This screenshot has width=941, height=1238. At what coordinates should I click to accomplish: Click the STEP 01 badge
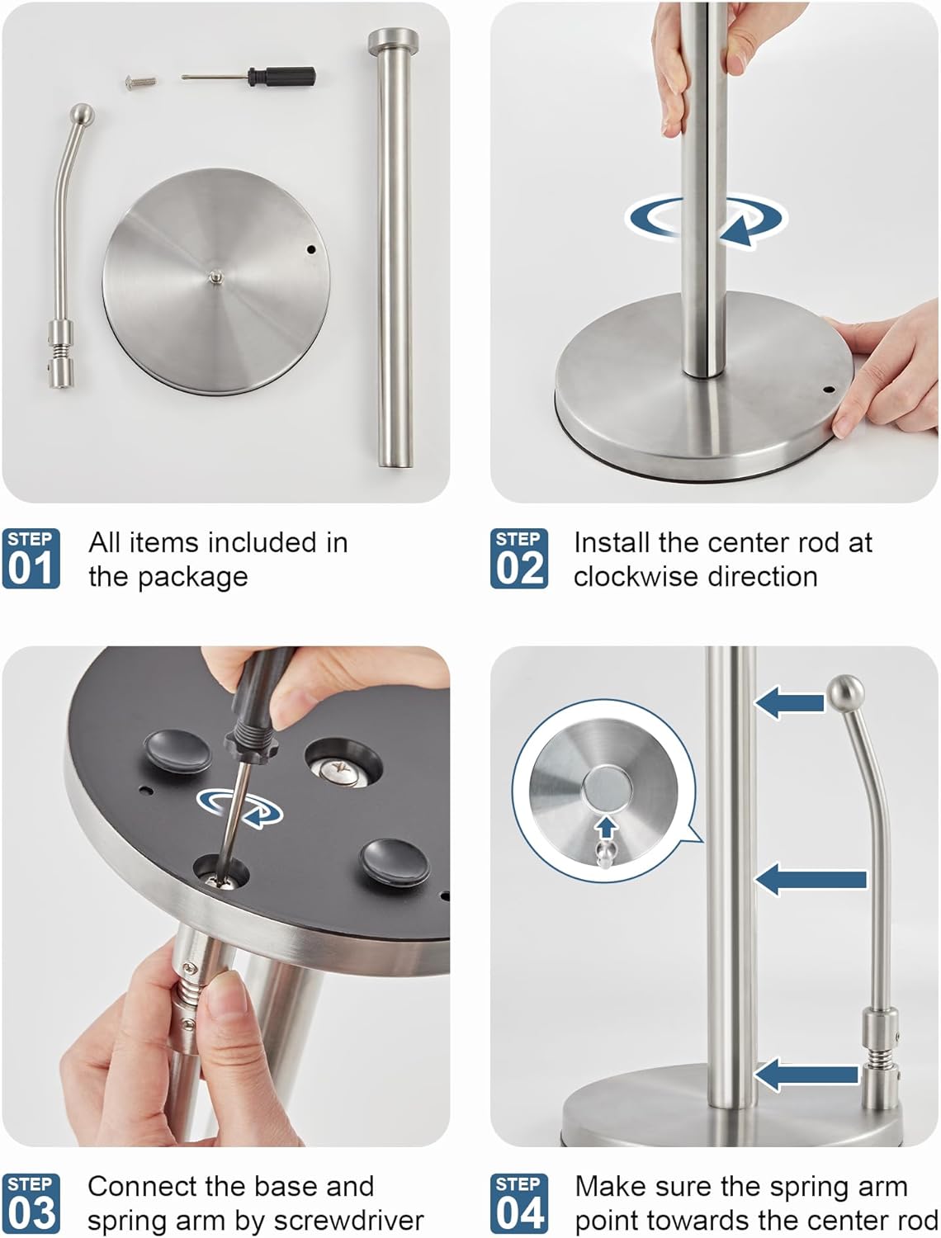pyautogui.click(x=31, y=559)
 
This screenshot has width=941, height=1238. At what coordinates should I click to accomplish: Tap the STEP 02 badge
pyautogui.click(x=519, y=559)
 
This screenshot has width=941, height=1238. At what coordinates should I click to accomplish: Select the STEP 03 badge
pyautogui.click(x=31, y=1203)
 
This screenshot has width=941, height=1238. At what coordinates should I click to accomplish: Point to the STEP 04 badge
pyautogui.click(x=519, y=1203)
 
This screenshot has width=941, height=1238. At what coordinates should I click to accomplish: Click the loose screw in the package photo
pyautogui.click(x=140, y=82)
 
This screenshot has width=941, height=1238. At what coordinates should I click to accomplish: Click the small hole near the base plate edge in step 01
pyautogui.click(x=311, y=248)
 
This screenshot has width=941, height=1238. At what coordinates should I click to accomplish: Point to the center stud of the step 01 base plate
pyautogui.click(x=215, y=277)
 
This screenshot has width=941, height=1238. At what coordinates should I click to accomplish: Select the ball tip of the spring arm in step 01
pyautogui.click(x=81, y=114)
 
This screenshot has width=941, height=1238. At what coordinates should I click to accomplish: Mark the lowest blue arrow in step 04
pyautogui.click(x=806, y=1075)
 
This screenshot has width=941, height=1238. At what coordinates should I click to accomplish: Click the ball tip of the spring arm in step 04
pyautogui.click(x=844, y=691)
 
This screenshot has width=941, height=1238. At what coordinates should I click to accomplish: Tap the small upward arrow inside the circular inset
pyautogui.click(x=607, y=826)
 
